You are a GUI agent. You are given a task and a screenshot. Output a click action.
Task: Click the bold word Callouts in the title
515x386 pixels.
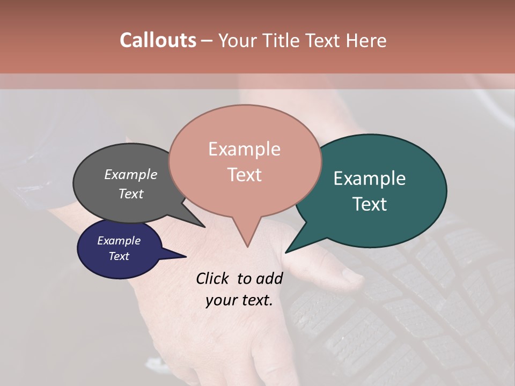click(x=158, y=40)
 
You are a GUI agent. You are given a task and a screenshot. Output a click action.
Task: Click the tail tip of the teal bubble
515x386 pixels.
click(x=288, y=250)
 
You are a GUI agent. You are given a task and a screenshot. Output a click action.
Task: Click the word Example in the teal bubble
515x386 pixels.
click(x=370, y=179)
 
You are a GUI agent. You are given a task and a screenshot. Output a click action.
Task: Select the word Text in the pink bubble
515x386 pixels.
click(x=245, y=175)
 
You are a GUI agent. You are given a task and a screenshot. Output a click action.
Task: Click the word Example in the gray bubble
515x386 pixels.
click(x=131, y=175)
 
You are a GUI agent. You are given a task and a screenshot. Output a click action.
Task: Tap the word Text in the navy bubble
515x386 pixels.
click(x=119, y=256)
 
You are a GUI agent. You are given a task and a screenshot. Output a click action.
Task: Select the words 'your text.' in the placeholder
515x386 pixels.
click(x=239, y=300)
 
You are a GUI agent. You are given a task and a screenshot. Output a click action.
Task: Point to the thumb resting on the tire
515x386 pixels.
click(x=349, y=276)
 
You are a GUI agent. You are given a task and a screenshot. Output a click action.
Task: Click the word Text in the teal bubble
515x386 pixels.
click(x=370, y=204)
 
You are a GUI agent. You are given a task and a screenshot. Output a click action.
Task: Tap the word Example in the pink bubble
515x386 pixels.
click(x=245, y=149)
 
